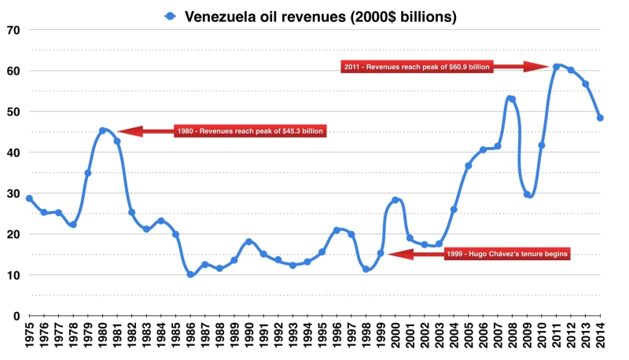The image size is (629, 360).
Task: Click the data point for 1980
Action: coord(102,130)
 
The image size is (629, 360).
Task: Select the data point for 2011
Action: coord(556,67)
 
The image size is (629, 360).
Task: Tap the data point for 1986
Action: coord(190,274)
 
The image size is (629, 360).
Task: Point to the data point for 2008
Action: coord(512,99)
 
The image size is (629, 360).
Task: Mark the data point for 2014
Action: coord(600,118)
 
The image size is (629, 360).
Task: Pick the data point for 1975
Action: coord(29,199)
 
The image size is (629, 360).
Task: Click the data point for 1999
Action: coord(381,253)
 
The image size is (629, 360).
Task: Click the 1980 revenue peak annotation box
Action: coord(249,131)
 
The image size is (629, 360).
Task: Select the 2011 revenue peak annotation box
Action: coord(417,67)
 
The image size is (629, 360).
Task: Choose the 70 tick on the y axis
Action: coord(14,30)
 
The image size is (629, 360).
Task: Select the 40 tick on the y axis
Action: coord(14,152)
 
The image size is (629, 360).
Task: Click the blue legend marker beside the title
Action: coord(169,15)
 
